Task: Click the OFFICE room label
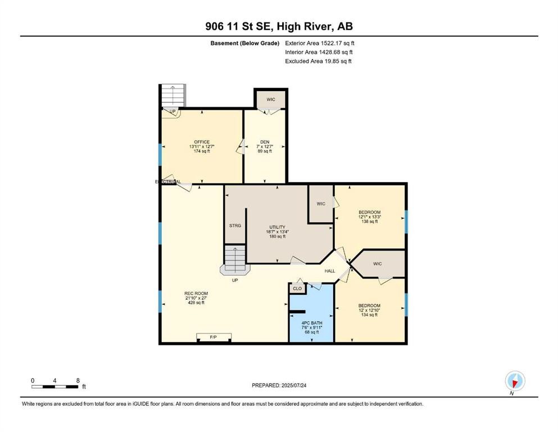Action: tap(201, 142)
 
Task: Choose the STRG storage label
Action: tap(235, 226)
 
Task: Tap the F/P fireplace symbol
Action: tap(214, 337)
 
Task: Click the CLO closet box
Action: tap(297, 289)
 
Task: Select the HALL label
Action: tap(330, 271)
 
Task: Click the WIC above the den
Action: tap(271, 100)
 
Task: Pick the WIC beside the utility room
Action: tap(321, 204)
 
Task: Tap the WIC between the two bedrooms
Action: tap(378, 263)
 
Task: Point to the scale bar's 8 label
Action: tap(77, 380)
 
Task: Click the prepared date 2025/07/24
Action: tap(279, 385)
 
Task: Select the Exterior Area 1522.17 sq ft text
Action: tap(320, 43)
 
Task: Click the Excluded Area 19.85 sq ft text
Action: tap(318, 61)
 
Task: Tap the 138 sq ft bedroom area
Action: tap(370, 222)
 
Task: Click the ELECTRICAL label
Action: tap(168, 182)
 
